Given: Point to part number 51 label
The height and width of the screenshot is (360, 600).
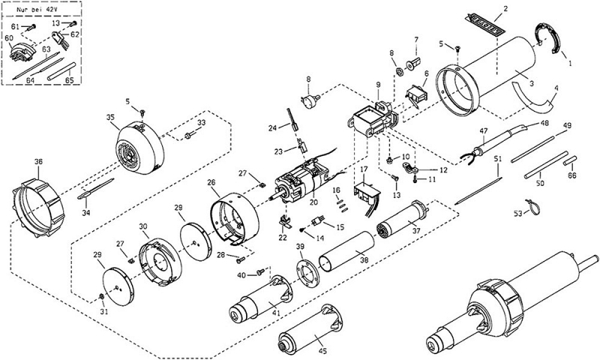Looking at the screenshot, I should point(498,160).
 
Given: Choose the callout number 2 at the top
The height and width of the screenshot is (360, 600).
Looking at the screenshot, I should point(505,8).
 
